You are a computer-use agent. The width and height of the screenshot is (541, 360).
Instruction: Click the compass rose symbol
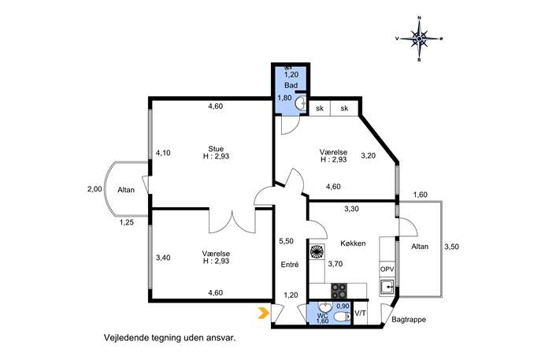click(x=419, y=39)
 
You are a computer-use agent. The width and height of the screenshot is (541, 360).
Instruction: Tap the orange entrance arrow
click(x=264, y=313)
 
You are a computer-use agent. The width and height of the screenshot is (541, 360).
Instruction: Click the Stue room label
click(x=216, y=149)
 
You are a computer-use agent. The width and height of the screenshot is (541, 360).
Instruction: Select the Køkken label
click(x=353, y=243)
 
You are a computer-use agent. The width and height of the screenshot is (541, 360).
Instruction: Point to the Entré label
click(x=290, y=265)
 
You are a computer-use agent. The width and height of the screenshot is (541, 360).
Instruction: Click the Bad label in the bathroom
click(x=291, y=85)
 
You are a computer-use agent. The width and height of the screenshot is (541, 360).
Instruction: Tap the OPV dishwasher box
click(x=387, y=269)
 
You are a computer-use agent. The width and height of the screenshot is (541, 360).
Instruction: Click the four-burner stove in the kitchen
click(x=339, y=291)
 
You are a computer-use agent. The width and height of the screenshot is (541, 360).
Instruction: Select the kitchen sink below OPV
click(x=387, y=288)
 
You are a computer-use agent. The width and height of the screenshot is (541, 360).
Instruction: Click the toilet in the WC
click(x=343, y=317)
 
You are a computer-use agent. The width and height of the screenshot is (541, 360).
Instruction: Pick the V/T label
click(x=360, y=314)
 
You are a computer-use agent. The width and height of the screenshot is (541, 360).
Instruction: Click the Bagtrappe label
click(x=409, y=320)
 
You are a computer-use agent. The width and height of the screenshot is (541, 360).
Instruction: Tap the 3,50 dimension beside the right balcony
click(x=452, y=247)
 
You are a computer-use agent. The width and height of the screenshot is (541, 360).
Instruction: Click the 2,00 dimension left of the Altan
click(x=94, y=189)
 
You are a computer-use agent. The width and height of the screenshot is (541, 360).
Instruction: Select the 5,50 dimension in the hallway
click(x=286, y=241)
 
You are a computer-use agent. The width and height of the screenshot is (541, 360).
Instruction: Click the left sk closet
click(x=320, y=109)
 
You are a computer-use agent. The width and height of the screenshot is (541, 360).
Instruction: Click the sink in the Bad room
click(x=301, y=103)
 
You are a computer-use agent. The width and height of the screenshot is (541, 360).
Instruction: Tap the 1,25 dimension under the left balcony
click(x=126, y=223)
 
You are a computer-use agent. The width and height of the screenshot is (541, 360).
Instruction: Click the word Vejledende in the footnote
click(x=127, y=338)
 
